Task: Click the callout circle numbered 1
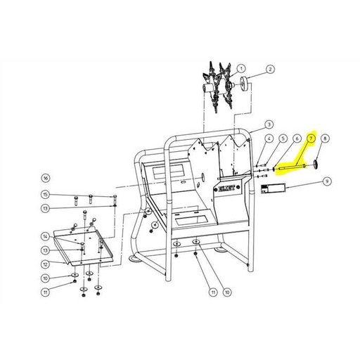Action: coord(242,69)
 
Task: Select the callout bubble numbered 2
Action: coord(270,70)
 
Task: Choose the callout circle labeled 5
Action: coord(283,140)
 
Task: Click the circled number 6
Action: coord(297,140)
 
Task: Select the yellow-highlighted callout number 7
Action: coord(312,140)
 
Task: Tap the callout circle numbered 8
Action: coord(326,140)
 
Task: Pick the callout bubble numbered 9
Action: coord(326,181)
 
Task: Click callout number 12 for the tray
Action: coord(45,264)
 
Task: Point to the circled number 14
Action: coord(45,236)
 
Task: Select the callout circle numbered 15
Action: coord(45,195)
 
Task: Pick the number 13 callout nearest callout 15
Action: coord(45,208)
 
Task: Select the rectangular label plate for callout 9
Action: coord(272,188)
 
